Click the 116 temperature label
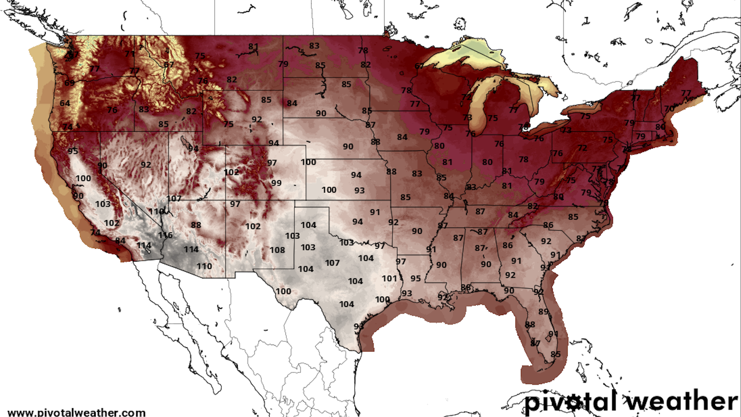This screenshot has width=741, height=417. click(x=165, y=235)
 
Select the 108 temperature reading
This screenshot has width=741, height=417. click(x=277, y=250)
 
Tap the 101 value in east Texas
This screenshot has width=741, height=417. click(x=389, y=278)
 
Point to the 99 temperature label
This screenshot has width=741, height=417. click(x=276, y=183)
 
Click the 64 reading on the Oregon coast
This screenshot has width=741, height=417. click(x=65, y=103)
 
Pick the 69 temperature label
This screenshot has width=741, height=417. click(x=69, y=83)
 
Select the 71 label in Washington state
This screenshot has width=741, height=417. click(x=130, y=54)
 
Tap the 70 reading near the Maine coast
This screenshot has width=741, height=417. click(x=669, y=109)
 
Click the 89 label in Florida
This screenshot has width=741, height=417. click(x=543, y=311)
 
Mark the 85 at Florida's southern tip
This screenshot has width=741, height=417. click(x=555, y=354)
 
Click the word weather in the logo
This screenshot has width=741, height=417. click(x=682, y=402)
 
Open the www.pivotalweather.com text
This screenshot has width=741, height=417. click(x=76, y=412)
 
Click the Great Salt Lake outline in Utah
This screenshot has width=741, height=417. click(x=184, y=140)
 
